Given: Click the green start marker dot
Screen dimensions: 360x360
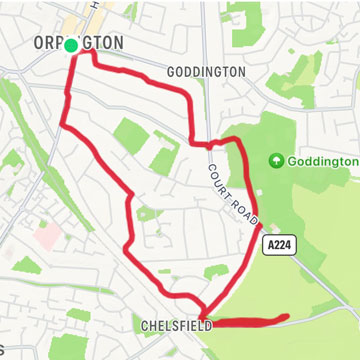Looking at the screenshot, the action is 71,46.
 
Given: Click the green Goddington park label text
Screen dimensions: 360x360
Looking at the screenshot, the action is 323,161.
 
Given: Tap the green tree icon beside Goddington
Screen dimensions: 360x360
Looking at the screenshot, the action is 276,161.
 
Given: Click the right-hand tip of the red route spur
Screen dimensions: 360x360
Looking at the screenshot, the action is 288,318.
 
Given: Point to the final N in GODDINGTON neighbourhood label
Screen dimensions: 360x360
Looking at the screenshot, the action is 240,73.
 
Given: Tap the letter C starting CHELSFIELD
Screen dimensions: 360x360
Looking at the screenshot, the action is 146,325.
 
